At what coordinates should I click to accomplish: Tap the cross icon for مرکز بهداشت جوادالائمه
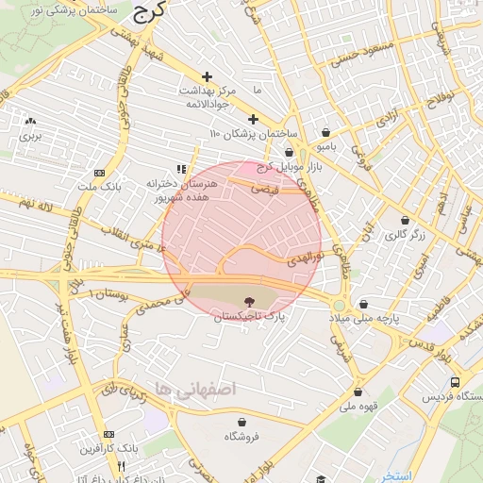click(208, 75)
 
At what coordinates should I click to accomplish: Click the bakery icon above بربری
click(31, 122)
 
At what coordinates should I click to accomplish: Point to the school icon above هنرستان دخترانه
click(180, 169)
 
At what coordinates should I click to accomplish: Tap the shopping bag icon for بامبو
click(325, 133)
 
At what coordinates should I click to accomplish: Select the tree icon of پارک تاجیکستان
click(248, 302)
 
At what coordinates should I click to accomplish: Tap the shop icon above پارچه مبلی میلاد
click(364, 304)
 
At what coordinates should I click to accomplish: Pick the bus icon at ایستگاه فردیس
click(456, 382)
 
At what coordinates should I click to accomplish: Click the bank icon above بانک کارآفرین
click(108, 435)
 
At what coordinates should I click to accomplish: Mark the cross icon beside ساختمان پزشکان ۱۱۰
click(253, 119)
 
